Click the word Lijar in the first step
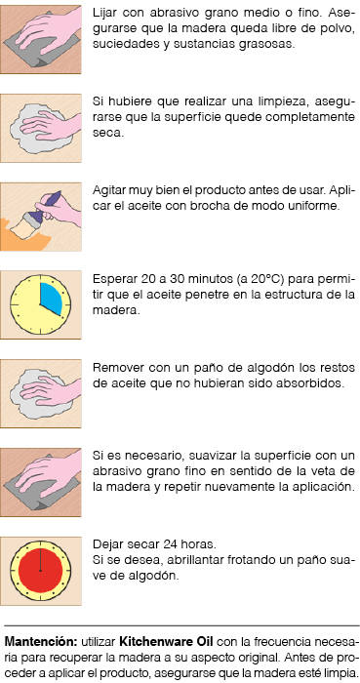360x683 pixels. [x=102, y=14]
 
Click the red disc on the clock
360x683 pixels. [x=40, y=571]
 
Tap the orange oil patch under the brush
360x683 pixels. [x=21, y=236]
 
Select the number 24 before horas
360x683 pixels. [x=170, y=544]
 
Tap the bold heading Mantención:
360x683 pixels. [x=41, y=642]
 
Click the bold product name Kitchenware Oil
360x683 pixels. [x=167, y=642]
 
